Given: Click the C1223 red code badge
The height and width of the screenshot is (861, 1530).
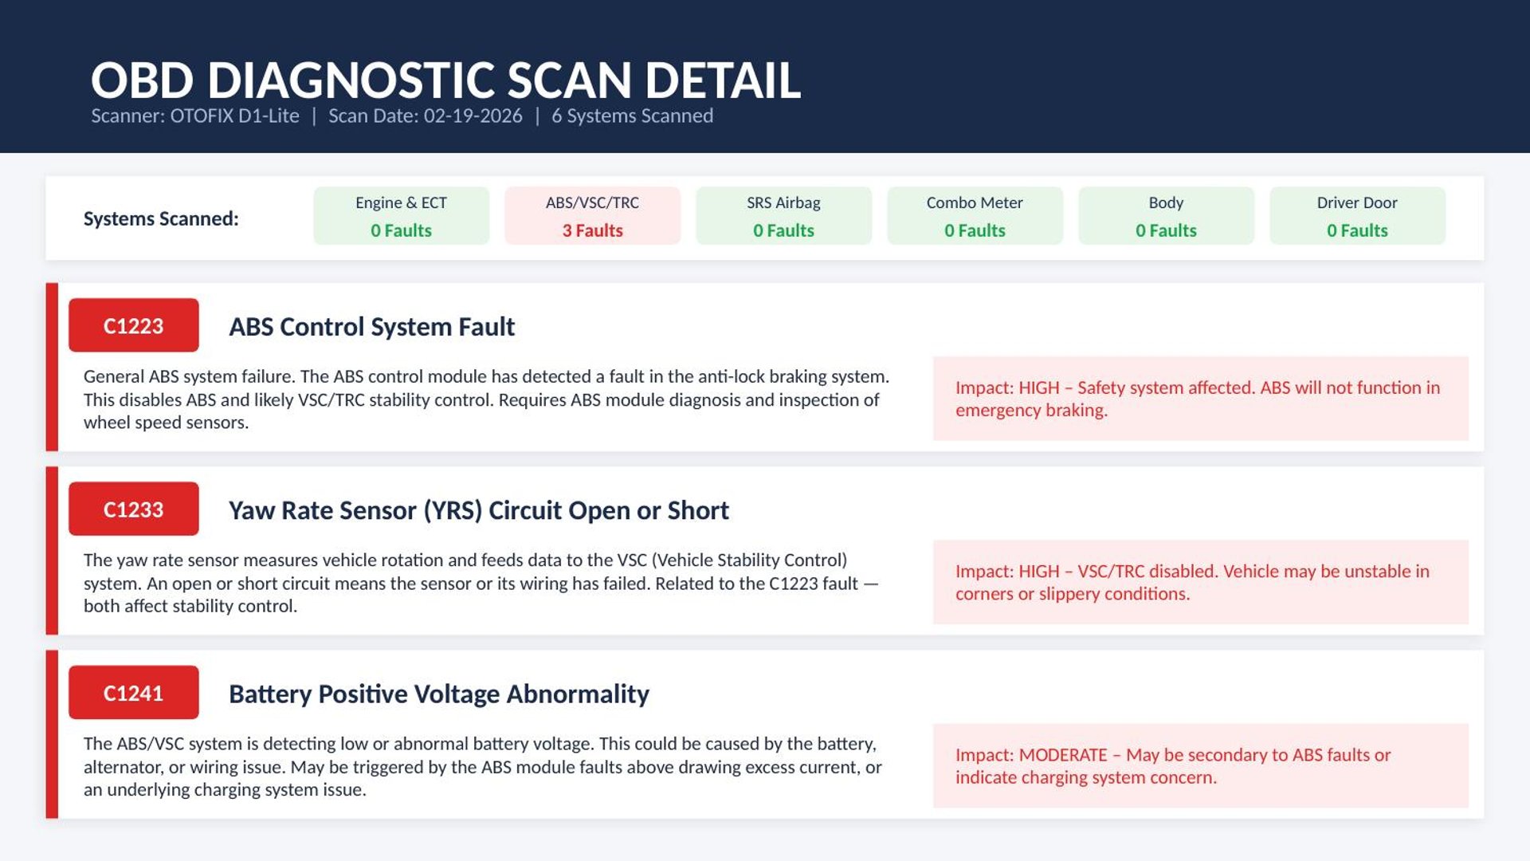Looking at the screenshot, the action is (x=134, y=325).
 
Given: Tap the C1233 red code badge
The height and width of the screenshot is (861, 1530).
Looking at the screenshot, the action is (x=134, y=509).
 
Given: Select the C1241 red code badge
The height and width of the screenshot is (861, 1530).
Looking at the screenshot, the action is (x=134, y=693).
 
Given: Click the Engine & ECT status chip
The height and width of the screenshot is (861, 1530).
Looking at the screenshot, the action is (x=401, y=216).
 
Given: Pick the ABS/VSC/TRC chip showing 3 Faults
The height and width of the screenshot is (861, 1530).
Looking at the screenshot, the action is (x=592, y=216).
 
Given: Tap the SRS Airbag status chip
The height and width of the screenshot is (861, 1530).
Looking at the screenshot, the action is (x=783, y=216).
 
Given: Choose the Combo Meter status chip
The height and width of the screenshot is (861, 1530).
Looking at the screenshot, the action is (x=975, y=216).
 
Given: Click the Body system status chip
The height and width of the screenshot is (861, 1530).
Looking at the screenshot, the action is (x=1166, y=216).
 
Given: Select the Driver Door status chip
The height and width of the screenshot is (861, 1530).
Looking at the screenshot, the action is (x=1357, y=216).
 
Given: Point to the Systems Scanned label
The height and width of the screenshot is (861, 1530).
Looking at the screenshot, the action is (x=161, y=218).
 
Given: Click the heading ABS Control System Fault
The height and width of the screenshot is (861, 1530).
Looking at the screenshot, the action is (x=371, y=327).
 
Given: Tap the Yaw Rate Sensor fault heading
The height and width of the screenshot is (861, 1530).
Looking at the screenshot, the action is (x=479, y=510).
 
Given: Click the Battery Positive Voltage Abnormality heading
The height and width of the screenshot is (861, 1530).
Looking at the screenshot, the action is (x=439, y=694).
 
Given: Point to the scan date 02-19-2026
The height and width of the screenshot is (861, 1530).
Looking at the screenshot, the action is (x=473, y=116).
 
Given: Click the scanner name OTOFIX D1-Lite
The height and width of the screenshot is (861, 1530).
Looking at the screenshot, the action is (x=234, y=116).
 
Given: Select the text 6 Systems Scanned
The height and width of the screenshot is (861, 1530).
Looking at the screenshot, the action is (x=633, y=116).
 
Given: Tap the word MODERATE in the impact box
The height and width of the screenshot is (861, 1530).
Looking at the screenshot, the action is (x=1063, y=755).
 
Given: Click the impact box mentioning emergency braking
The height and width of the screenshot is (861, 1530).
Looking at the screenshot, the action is (x=1201, y=399).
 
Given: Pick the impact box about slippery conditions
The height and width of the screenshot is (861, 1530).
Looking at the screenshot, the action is (x=1201, y=582).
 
